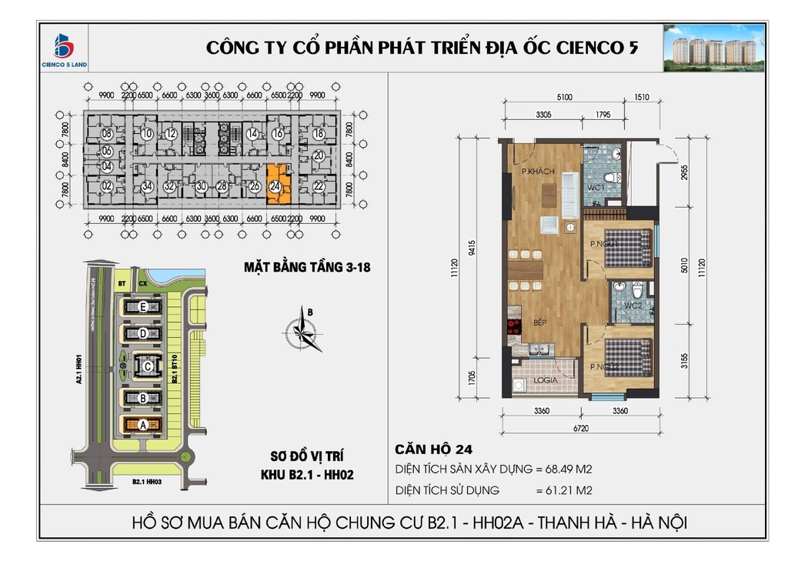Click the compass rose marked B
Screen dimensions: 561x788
click(x=302, y=332)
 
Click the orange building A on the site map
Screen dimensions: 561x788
click(x=142, y=424)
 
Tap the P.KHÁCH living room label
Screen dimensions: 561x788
click(x=538, y=171)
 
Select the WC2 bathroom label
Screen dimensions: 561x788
click(x=633, y=306)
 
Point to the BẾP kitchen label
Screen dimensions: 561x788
click(x=539, y=323)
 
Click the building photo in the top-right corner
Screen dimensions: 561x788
click(x=713, y=48)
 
